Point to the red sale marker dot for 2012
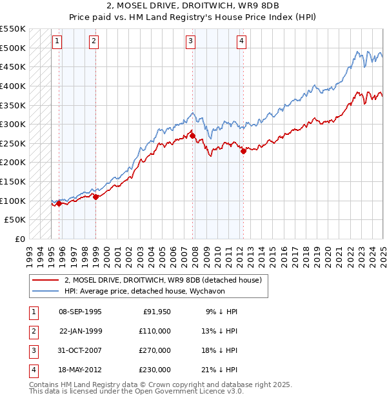click(243, 151)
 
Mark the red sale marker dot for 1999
click(95, 197)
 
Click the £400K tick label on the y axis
click(14, 86)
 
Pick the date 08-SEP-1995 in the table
click(80, 312)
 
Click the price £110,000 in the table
click(155, 331)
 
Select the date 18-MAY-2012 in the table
click(80, 370)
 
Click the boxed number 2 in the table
click(32, 331)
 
